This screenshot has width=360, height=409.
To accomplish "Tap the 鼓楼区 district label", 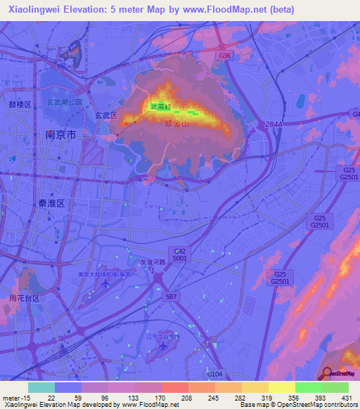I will tap(20, 104).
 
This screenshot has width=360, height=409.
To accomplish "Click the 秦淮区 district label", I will tap(51, 202).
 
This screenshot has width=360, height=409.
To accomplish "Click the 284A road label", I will tap(273, 124).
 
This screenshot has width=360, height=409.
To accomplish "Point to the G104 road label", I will tap(214, 375).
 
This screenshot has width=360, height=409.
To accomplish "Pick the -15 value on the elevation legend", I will tap(26, 397).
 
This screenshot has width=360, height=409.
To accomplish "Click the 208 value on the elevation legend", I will tap(186, 397).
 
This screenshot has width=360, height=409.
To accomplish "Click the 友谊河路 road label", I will tap(152, 261).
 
